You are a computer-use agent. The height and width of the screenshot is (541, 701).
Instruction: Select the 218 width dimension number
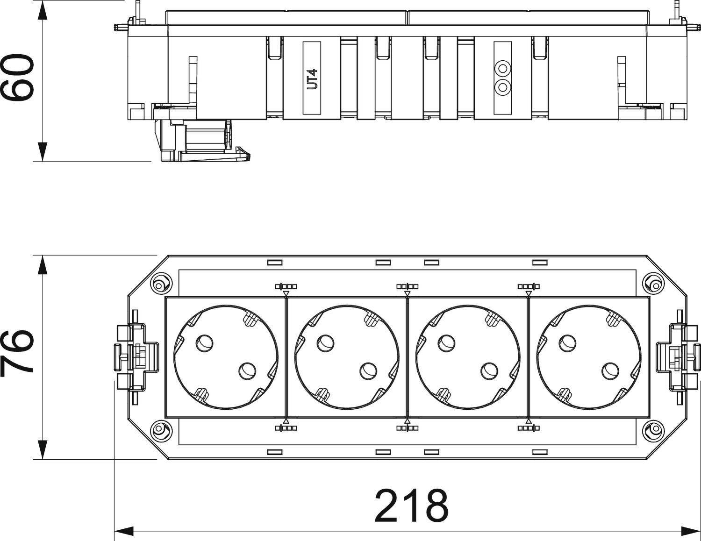(x=411, y=506)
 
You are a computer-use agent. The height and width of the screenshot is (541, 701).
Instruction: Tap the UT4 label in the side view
(x=312, y=78)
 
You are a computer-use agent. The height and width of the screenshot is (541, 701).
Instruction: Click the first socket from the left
(x=225, y=357)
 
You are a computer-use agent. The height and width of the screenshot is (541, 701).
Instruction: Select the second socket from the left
(x=347, y=357)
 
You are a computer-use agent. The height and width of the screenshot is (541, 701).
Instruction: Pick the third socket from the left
(x=468, y=357)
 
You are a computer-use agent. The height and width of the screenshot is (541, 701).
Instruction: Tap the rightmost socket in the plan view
(x=588, y=357)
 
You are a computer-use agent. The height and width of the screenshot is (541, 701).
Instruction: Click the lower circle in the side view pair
(x=502, y=86)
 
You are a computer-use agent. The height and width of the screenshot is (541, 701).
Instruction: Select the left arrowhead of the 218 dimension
(x=124, y=531)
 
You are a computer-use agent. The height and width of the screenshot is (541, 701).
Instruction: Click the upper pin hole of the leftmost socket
(x=204, y=343)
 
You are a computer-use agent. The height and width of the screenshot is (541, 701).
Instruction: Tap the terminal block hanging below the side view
(x=201, y=140)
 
